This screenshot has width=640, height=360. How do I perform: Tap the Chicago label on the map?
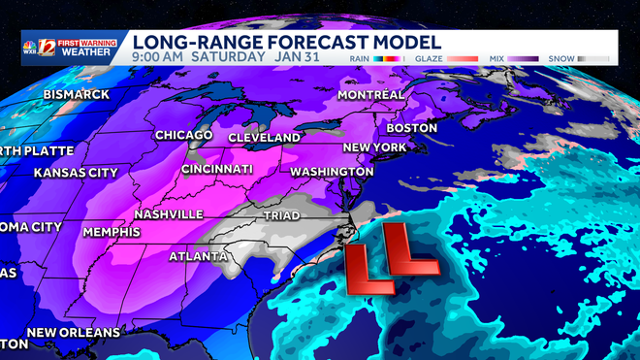click(x=184, y=135)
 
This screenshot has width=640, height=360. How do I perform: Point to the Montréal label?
click(x=371, y=95)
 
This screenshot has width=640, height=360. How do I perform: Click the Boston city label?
click(x=412, y=128)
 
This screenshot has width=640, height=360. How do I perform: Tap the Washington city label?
click(x=332, y=171)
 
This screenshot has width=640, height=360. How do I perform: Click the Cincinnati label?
click(x=222, y=170)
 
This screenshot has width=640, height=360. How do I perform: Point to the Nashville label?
click(x=169, y=213)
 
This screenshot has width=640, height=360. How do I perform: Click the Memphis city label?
click(x=112, y=233)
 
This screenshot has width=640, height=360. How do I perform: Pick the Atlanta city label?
click(x=198, y=257)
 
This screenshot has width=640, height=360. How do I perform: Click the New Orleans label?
click(x=74, y=333)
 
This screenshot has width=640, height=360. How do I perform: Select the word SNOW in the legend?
click(x=560, y=58)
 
